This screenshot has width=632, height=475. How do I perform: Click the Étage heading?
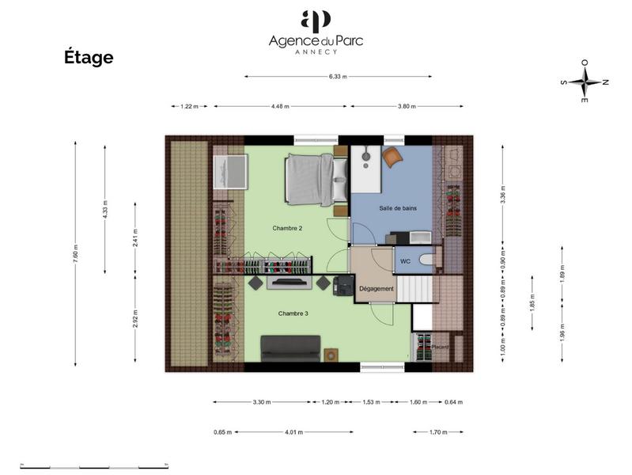pos(89,58)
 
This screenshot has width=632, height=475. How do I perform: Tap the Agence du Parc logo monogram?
pos(316,21)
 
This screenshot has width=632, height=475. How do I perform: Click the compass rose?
pos(585,82)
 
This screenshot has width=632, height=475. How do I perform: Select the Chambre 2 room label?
pos(288,228)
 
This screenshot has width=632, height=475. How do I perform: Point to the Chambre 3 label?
pos(293,313)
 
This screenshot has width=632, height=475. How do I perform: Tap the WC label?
pos(405,260)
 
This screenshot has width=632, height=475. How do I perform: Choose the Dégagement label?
pos(377,289)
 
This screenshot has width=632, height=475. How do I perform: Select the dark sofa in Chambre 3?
pos(291,346)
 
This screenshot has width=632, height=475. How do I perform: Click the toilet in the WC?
pos(426,260)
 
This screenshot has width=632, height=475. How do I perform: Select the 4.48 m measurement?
pos(281,106)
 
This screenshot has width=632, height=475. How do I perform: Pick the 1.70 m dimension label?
pos(437,432)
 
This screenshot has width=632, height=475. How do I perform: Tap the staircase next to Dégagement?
pos(416,288)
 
